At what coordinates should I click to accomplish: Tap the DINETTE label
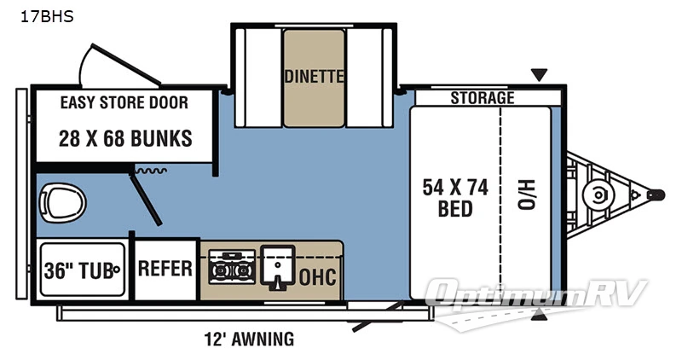(314, 76)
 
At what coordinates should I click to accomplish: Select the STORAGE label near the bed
(483, 97)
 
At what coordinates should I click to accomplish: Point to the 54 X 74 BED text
(455, 199)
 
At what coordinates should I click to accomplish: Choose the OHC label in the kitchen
(318, 278)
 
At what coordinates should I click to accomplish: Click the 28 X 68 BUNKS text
(124, 138)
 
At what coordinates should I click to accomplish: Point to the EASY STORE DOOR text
(124, 102)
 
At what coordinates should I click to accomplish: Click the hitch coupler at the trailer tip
(656, 195)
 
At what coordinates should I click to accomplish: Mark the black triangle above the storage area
(539, 76)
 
